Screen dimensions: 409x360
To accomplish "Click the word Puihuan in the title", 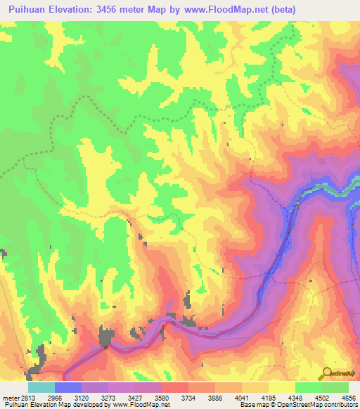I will coord(30,10).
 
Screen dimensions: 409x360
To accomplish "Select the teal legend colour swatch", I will coord(41,387).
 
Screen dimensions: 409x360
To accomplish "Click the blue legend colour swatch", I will coord(68,387).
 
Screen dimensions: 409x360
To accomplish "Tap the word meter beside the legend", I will coord(11,398).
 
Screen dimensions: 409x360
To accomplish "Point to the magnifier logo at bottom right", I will coord(328,372).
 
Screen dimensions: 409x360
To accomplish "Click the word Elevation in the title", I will coord(76,10).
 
